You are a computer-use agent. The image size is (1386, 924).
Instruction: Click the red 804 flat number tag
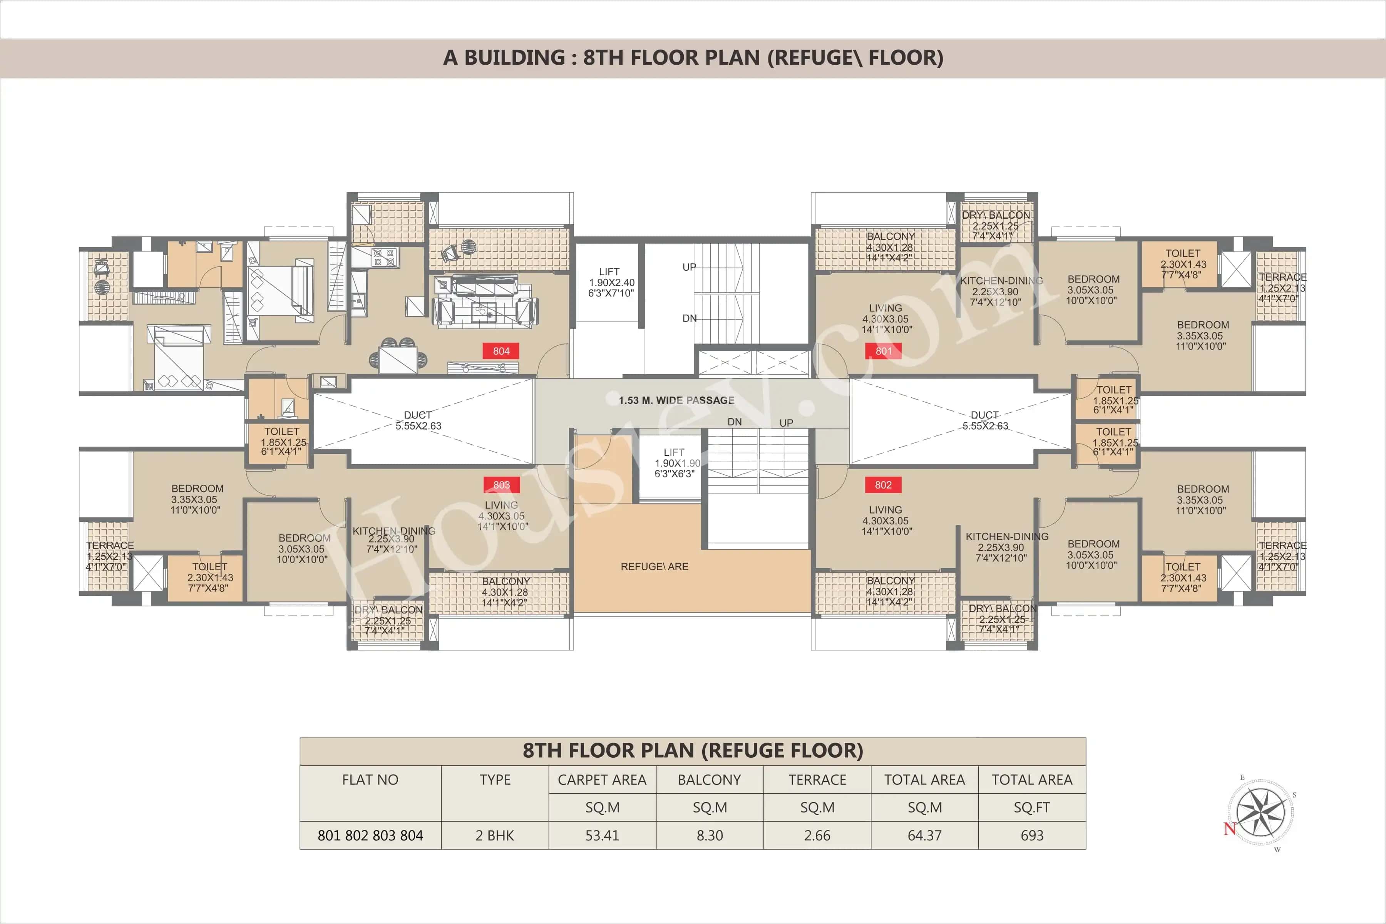(x=501, y=351)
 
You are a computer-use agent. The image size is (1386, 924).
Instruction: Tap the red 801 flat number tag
(x=883, y=351)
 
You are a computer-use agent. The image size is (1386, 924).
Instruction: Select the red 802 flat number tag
(x=883, y=485)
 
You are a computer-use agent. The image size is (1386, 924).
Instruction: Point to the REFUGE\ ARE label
(x=654, y=566)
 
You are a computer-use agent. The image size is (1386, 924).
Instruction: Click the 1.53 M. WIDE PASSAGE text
(x=676, y=400)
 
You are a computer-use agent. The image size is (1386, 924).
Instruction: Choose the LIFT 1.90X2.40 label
(x=611, y=282)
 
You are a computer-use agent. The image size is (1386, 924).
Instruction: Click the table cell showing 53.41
(x=602, y=835)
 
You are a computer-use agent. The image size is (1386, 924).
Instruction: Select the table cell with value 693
(x=1031, y=835)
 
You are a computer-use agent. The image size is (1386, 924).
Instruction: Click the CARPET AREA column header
(x=602, y=780)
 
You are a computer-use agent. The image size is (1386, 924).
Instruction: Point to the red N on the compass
(x=1229, y=829)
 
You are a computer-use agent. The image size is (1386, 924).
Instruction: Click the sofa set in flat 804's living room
(x=484, y=301)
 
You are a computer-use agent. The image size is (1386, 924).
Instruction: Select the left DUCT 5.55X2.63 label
(x=418, y=420)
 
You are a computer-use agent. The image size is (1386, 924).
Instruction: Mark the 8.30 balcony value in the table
(x=710, y=835)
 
